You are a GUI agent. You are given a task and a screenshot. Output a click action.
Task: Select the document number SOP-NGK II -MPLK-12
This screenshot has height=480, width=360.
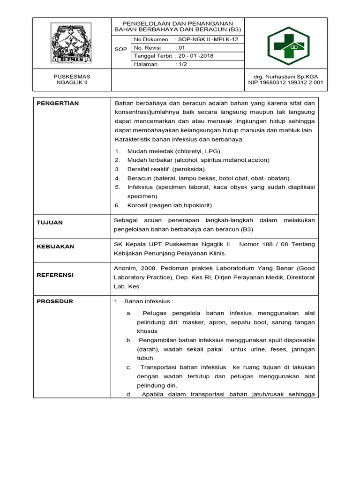click(x=207, y=39)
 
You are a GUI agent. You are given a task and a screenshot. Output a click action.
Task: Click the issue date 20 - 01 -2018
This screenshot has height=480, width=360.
click(x=194, y=56)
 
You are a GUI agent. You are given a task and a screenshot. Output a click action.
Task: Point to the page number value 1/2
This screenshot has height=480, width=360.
click(x=181, y=64)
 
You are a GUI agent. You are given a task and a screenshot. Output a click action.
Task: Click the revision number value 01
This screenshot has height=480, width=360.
click(x=180, y=47)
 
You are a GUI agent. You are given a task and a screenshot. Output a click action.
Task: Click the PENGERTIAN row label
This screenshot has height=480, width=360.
click(x=58, y=103)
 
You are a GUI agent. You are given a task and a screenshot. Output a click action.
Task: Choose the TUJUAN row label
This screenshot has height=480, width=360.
click(x=50, y=223)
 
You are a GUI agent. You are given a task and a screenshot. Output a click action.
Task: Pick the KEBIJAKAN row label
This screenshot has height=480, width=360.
click(x=55, y=247)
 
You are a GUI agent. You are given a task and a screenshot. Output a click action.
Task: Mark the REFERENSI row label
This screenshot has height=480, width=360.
click(x=55, y=275)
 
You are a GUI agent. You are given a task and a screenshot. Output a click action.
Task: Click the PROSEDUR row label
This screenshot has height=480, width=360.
click(x=55, y=301)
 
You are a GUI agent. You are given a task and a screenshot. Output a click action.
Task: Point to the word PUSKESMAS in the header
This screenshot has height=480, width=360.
click(x=72, y=76)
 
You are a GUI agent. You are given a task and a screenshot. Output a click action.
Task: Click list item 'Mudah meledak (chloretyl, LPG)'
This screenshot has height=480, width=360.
click(x=174, y=151)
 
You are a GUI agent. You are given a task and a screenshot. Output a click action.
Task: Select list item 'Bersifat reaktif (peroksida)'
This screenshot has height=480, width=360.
click(x=166, y=169)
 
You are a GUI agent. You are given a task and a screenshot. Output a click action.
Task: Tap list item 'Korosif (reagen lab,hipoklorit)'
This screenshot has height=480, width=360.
click(x=170, y=205)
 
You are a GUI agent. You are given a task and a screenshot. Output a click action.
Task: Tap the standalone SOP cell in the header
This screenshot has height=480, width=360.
click(x=120, y=49)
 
